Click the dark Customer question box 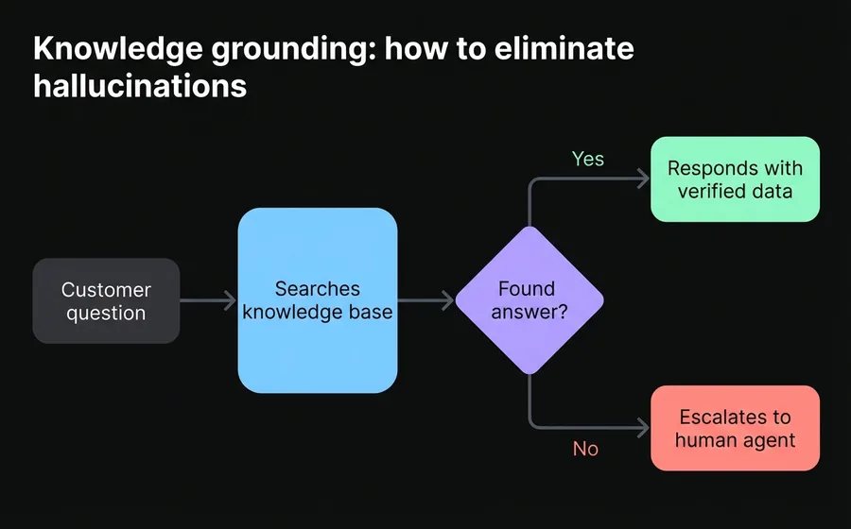106,300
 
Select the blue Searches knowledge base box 317,300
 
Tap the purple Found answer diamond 529,300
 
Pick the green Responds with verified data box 735,179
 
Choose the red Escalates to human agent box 735,428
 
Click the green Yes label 587,159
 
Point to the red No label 585,449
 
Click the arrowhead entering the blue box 230,300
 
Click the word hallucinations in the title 140,86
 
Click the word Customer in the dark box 106,289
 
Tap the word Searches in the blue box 317,288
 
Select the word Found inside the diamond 527,289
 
